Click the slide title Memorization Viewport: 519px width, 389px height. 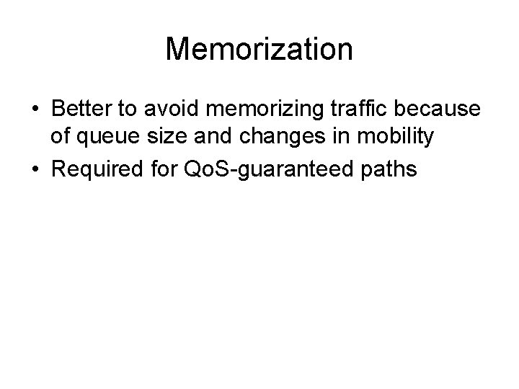259,50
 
